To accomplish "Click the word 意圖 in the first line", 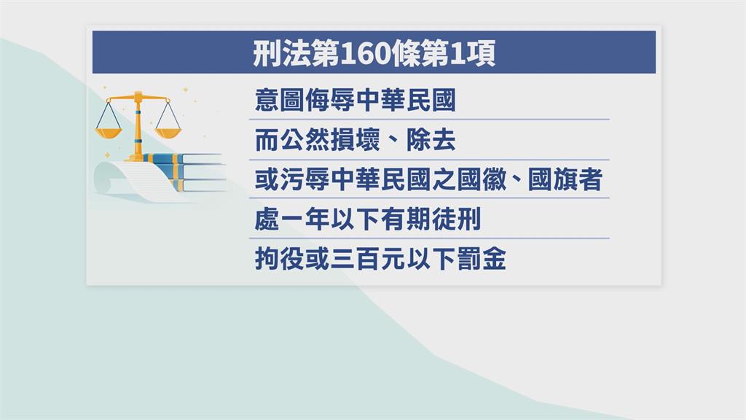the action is click(x=279, y=100).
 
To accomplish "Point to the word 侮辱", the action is click(x=330, y=100).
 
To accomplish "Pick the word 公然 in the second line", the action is click(x=305, y=140).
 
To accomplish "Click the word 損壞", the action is click(x=355, y=140).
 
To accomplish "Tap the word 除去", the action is click(x=431, y=140).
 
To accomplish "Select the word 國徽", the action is click(x=482, y=179).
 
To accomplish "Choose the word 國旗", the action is click(x=553, y=179).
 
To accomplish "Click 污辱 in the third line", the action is click(x=305, y=179).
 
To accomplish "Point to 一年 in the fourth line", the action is click(x=305, y=219).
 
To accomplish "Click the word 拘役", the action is click(x=279, y=259).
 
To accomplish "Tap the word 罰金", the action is click(x=482, y=259).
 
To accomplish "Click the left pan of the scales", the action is click(x=109, y=133).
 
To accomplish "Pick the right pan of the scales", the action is click(x=168, y=133).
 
